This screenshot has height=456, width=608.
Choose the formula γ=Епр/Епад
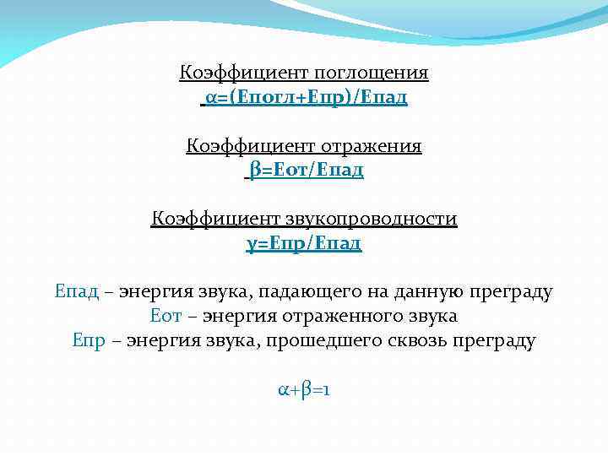[x=304, y=244]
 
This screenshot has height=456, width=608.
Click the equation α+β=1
[x=304, y=390]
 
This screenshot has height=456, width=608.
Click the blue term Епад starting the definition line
[x=76, y=293]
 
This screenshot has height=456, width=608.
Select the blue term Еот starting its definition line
[x=166, y=317]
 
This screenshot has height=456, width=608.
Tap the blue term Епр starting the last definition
[x=90, y=341]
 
